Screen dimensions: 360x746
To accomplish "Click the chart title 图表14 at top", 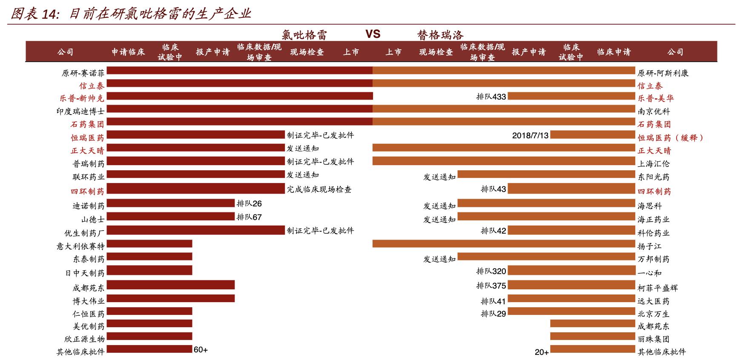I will pyautogui.click(x=130, y=14).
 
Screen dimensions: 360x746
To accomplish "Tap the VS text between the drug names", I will pyautogui.click(x=373, y=34).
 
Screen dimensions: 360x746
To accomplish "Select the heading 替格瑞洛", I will pyautogui.click(x=440, y=35).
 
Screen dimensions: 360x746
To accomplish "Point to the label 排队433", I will pyautogui.click(x=491, y=97).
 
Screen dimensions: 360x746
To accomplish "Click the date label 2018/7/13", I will pyautogui.click(x=530, y=135).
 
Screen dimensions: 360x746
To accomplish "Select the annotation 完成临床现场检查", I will pyautogui.click(x=319, y=189).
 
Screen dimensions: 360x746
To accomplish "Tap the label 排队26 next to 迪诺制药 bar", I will pyautogui.click(x=249, y=203).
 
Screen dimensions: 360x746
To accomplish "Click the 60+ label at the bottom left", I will pyautogui.click(x=201, y=350).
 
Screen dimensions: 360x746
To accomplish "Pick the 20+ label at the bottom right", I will pyautogui.click(x=542, y=352).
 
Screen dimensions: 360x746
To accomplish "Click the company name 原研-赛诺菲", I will pyautogui.click(x=83, y=73).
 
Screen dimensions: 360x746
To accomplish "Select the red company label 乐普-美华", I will pyautogui.click(x=655, y=98).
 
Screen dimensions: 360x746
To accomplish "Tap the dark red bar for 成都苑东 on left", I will pyautogui.click(x=170, y=285).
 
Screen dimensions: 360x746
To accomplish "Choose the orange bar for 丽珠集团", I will pyautogui.click(x=592, y=336).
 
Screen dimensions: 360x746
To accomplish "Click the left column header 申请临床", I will pyautogui.click(x=128, y=52).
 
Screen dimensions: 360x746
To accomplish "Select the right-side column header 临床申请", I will pyautogui.click(x=614, y=52).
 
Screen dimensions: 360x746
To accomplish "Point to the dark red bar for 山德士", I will pyautogui.click(x=170, y=217).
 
